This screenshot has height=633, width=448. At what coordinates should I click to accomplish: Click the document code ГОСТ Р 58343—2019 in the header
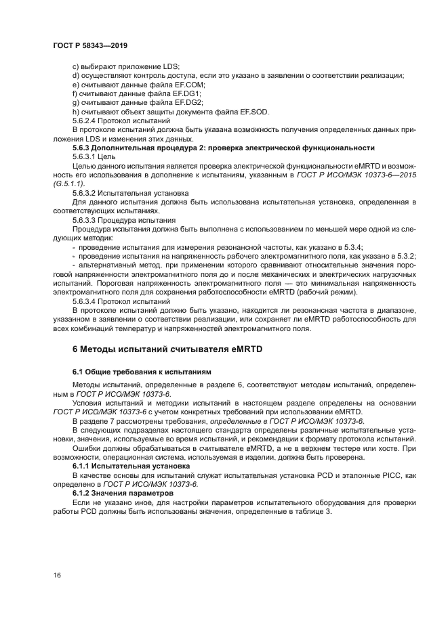(x=89, y=45)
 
